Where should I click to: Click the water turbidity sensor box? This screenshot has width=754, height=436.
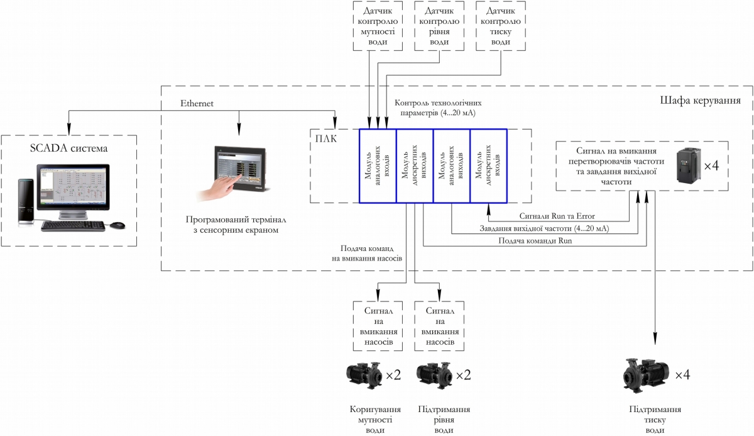tap(377, 26)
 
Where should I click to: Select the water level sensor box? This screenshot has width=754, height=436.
tap(439, 26)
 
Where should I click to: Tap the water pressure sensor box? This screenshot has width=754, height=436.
tap(500, 26)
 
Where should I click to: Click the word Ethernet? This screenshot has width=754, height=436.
tap(197, 103)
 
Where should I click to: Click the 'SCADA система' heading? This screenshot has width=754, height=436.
tap(70, 148)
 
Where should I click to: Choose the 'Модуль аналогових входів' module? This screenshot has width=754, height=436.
tap(378, 166)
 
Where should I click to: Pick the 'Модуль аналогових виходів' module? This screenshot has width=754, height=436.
tap(452, 166)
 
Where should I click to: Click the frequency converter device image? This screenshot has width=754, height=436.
tap(687, 166)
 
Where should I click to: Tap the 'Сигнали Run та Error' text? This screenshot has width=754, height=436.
tap(561, 216)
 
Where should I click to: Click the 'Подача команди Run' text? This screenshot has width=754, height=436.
tap(535, 240)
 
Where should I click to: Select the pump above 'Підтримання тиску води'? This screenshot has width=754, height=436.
tap(645, 374)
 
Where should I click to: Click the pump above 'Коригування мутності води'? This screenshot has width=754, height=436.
tap(364, 375)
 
